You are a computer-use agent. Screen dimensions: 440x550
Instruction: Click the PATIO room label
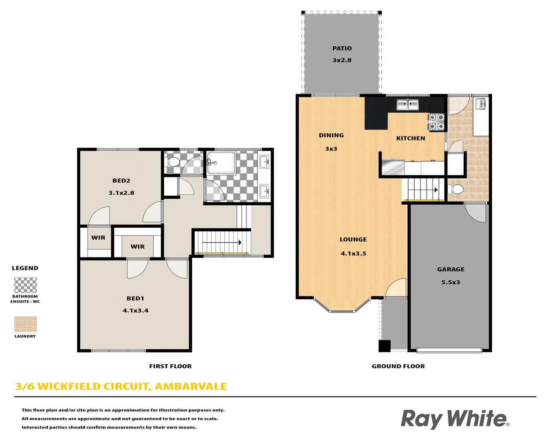coord(342,48)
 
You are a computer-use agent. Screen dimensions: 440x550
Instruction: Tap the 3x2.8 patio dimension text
coord(342,60)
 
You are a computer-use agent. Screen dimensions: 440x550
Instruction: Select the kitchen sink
coord(408,105)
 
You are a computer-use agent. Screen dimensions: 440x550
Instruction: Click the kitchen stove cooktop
coord(436,122)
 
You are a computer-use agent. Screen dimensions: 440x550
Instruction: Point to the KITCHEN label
coord(411,139)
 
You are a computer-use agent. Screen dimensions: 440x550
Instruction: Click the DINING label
coord(331,136)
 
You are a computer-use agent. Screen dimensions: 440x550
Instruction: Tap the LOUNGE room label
coord(353,240)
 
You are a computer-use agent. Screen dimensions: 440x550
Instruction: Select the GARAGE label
coord(451,269)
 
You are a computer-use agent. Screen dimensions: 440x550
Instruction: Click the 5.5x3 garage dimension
coord(451,282)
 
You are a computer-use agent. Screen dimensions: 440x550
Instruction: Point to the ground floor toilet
coord(455,189)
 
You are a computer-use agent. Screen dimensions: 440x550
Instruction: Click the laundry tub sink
coord(481,104)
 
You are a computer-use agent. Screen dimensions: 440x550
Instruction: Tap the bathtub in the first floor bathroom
coord(221,163)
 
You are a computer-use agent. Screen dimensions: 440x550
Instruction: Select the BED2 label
coord(121,181)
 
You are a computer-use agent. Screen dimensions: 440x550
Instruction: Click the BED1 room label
coord(135,299)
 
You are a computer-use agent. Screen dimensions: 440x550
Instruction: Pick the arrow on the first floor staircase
coord(222,243)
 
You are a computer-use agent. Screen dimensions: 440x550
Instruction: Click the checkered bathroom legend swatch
coord(25,285)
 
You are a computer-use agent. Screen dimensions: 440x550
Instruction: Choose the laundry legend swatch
coord(25,324)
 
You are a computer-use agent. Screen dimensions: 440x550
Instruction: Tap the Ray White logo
coord(455,419)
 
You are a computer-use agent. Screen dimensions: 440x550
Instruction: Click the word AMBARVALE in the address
coord(191,387)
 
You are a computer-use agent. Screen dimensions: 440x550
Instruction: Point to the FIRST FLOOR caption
coord(170,366)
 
